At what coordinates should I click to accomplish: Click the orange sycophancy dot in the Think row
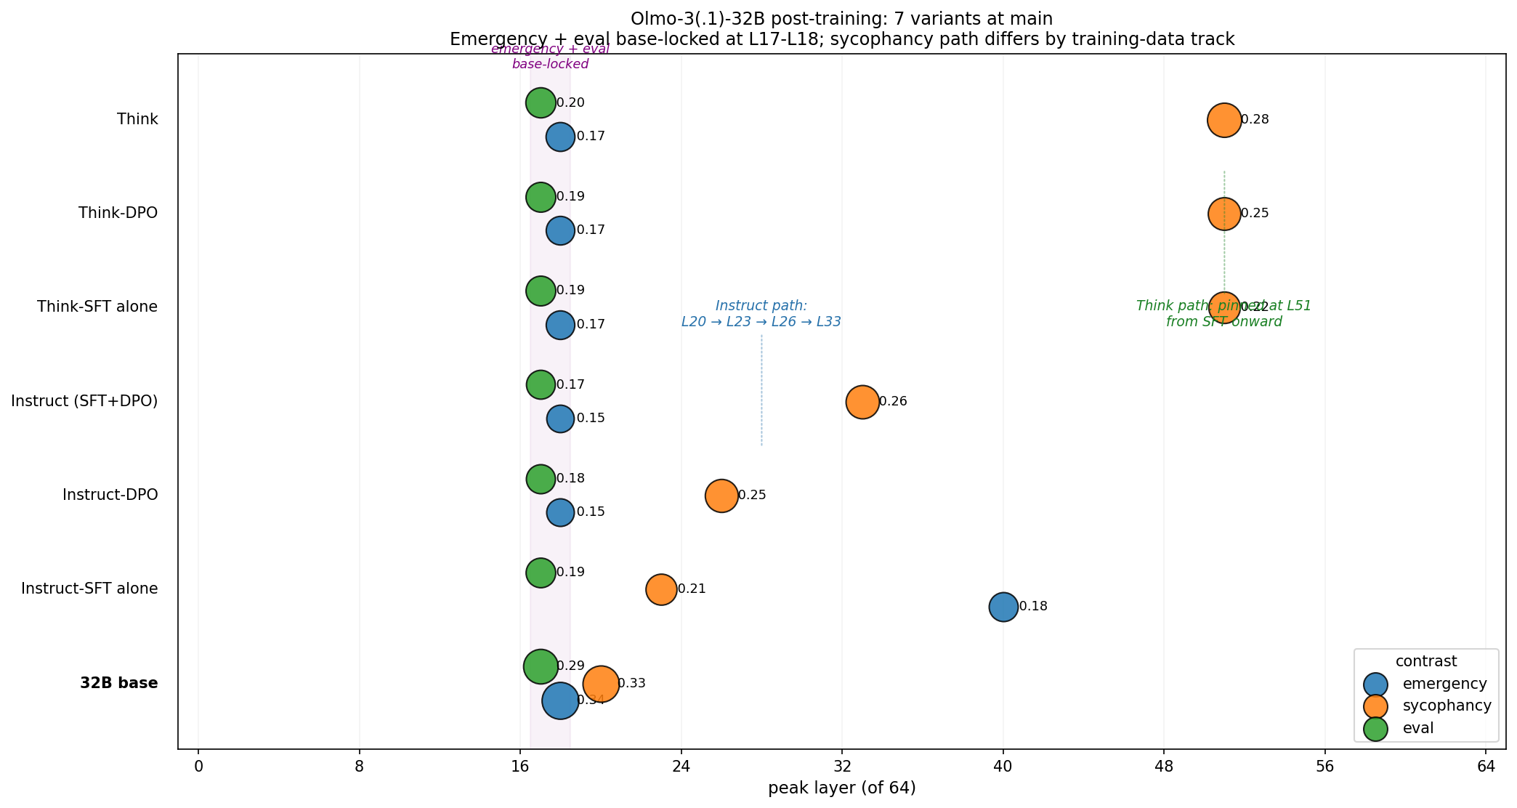click(x=1224, y=120)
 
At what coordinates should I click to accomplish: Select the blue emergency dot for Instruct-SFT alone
click(x=1003, y=607)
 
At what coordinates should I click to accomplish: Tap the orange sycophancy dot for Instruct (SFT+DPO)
click(x=862, y=402)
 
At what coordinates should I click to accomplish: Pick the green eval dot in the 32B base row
click(x=541, y=666)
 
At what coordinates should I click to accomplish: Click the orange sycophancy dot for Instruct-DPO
click(x=721, y=496)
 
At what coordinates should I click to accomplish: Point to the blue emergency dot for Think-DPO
click(x=560, y=230)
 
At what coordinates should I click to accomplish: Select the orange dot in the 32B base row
click(x=601, y=684)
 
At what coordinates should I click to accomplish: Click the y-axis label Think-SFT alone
click(x=97, y=307)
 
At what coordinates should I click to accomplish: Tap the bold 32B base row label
click(x=119, y=683)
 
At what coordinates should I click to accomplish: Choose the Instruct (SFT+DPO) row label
click(x=84, y=400)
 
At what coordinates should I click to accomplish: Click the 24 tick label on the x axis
click(x=681, y=767)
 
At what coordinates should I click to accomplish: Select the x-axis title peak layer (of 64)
click(x=842, y=788)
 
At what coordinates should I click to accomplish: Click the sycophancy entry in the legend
click(x=1447, y=706)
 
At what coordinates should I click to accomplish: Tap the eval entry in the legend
click(x=1417, y=728)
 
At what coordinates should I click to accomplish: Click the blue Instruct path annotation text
click(x=761, y=314)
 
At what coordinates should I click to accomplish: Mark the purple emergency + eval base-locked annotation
click(x=550, y=57)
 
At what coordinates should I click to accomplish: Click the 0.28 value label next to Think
click(x=1255, y=120)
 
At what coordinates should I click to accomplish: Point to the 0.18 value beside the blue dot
click(x=1033, y=607)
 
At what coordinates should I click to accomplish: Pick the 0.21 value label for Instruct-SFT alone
click(x=692, y=589)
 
